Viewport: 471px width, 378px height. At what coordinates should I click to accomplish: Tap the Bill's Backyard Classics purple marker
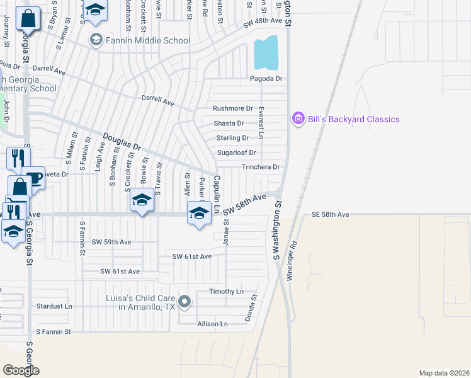pos(298,118)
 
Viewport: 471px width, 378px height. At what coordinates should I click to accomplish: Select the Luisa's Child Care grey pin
pos(184,302)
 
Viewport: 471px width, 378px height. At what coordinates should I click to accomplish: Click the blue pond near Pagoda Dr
pos(266,54)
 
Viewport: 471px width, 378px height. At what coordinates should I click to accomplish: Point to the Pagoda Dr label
pos(266,79)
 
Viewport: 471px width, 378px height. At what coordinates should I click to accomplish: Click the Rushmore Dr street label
pos(232,108)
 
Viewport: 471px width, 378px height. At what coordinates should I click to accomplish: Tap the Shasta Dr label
pos(229,123)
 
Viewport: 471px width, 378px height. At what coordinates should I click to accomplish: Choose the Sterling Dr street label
pos(232,137)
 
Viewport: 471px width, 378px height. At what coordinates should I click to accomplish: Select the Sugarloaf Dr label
pos(236,152)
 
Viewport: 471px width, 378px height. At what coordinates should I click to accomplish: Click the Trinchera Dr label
pos(261,167)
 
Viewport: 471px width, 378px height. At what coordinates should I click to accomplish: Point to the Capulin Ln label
pos(217,194)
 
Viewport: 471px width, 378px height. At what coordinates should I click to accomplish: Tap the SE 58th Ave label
pos(330,215)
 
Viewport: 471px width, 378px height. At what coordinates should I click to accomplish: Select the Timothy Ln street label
pos(226,292)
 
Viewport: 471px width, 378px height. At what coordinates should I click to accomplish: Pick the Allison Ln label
pos(212,324)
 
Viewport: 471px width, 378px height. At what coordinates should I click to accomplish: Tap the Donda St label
pos(254,306)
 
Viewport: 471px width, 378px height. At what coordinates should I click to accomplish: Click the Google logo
pos(21,370)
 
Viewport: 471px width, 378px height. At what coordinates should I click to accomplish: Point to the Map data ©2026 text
pos(443,373)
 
